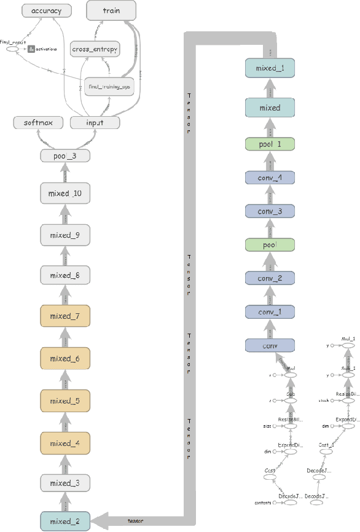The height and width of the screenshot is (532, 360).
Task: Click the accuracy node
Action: click(46, 10)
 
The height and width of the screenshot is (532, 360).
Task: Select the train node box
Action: click(111, 10)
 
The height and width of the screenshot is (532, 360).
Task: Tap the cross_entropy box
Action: click(95, 49)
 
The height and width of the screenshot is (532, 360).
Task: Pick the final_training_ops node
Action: click(109, 87)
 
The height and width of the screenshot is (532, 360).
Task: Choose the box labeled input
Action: click(95, 122)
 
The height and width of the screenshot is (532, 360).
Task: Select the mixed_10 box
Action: click(65, 194)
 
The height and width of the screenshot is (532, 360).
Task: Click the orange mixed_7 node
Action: click(65, 316)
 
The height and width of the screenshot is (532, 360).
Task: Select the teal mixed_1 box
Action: click(270, 67)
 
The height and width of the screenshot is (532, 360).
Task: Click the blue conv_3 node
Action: click(270, 211)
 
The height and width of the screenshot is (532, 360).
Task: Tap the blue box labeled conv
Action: click(270, 345)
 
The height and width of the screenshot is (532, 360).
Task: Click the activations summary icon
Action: click(31, 48)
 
